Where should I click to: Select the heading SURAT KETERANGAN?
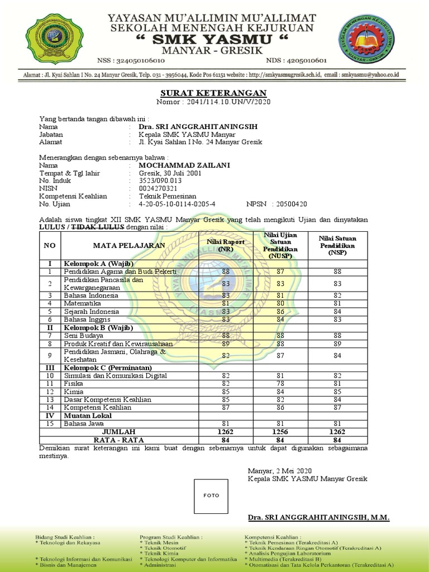(x=214, y=93)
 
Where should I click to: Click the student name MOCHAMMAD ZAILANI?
(x=176, y=165)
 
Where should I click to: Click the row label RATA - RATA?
(x=118, y=440)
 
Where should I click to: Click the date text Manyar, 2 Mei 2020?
(x=280, y=471)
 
